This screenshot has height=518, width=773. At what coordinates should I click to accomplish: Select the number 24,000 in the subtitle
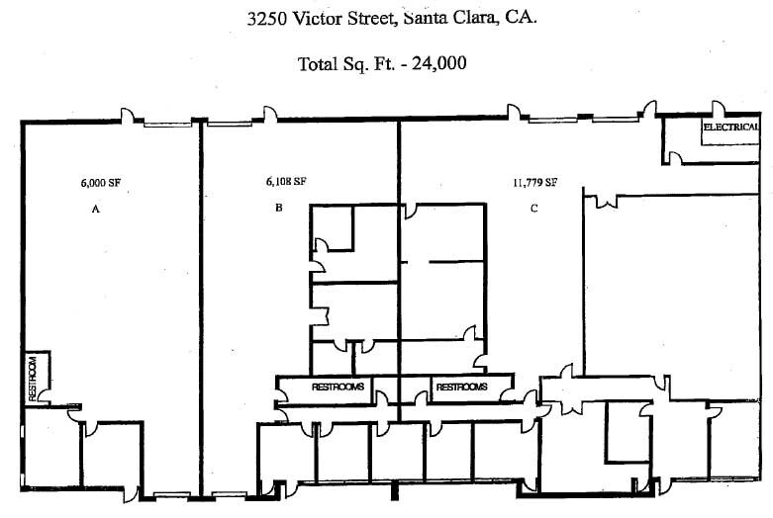(x=435, y=64)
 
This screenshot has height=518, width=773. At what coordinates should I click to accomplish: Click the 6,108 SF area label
(x=285, y=182)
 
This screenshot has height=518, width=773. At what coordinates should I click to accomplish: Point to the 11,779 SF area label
(x=534, y=182)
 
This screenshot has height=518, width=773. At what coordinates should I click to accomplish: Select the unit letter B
(x=279, y=209)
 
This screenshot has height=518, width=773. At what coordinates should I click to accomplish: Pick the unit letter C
(x=534, y=209)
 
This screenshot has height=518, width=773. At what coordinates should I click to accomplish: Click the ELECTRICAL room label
(x=730, y=129)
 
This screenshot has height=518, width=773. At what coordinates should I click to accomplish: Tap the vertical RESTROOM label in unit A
(x=33, y=378)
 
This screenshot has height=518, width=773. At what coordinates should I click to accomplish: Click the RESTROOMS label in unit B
(x=338, y=388)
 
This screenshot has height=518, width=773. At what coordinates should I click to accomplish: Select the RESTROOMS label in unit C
(x=461, y=388)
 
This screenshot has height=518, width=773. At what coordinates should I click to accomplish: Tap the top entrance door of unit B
(x=268, y=116)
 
